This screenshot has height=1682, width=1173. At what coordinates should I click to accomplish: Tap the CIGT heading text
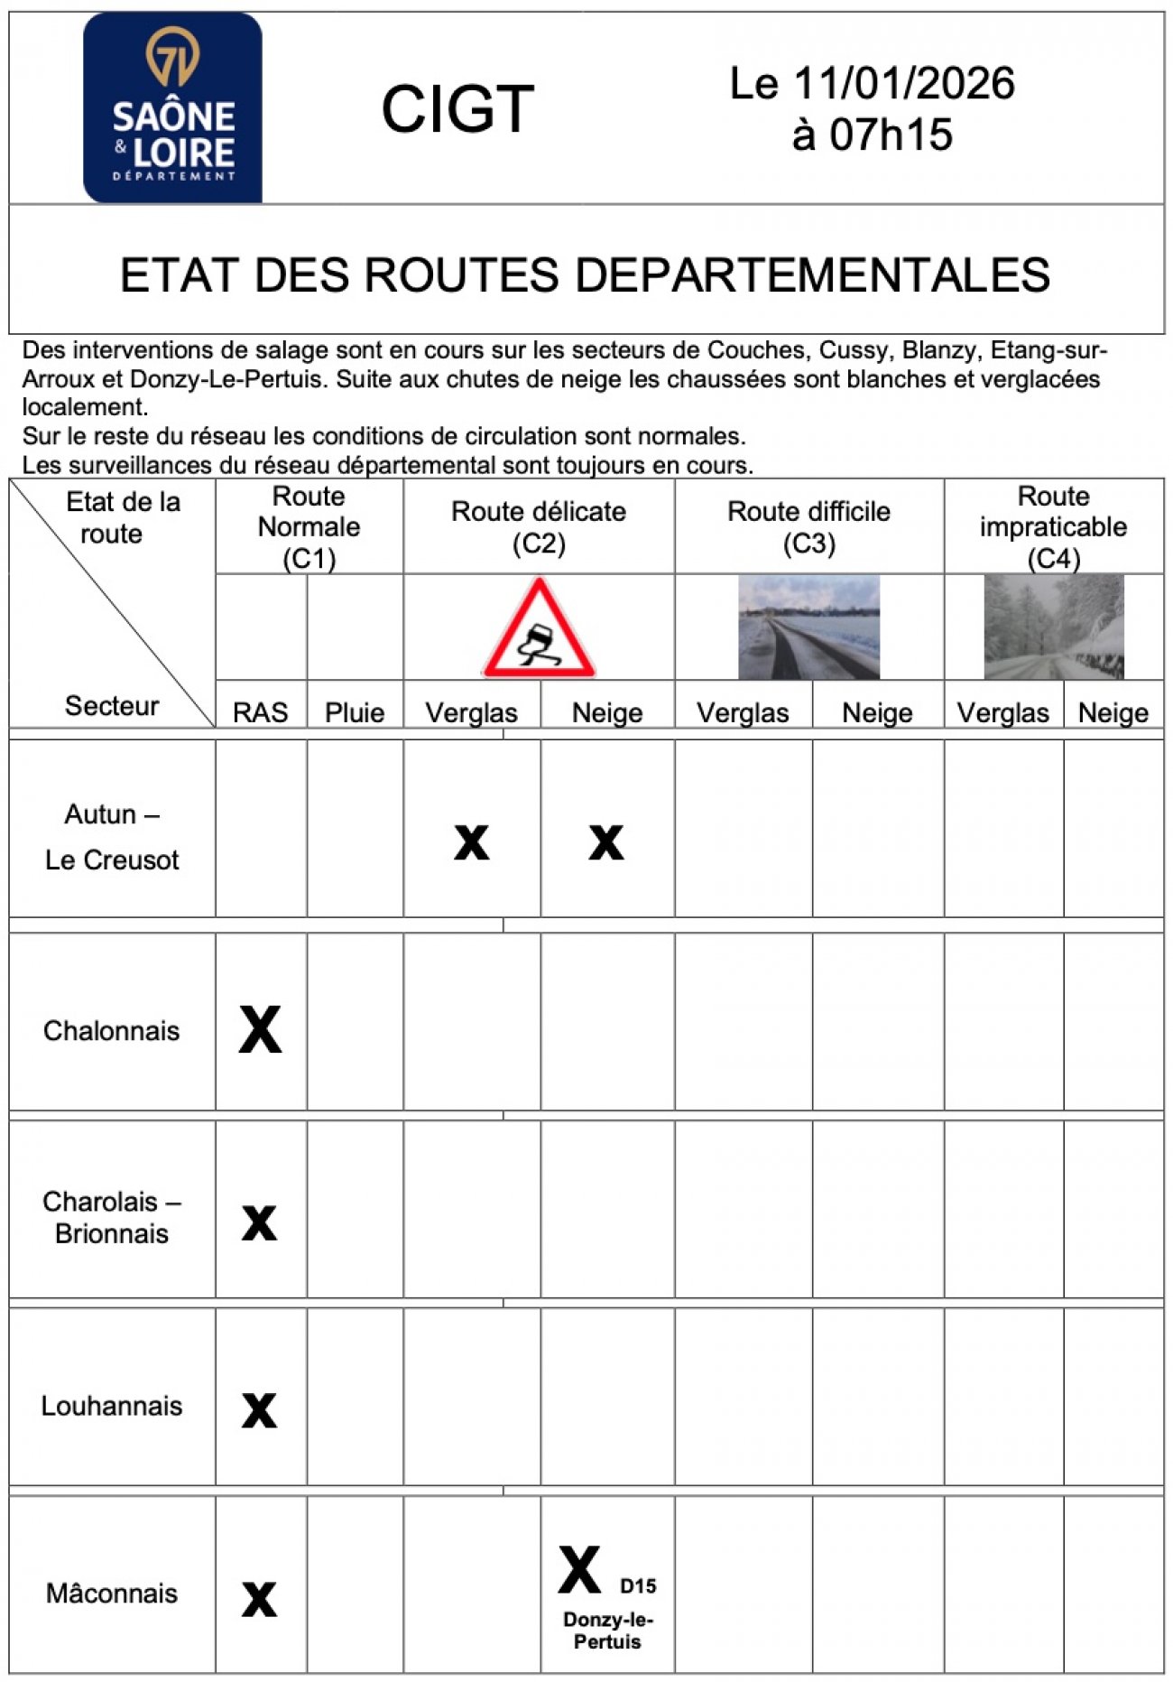coord(457,109)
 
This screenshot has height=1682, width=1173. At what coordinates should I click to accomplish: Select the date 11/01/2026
coord(903,84)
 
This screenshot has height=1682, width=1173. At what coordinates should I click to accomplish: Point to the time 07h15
coord(891,135)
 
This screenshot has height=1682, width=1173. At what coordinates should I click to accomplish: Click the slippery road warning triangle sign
coord(539,628)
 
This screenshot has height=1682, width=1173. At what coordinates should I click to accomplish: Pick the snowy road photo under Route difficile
coord(808,627)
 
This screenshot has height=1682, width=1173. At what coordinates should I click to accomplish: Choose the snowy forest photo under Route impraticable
coord(1053,627)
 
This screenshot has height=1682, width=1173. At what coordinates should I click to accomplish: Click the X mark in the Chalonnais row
coord(260,1029)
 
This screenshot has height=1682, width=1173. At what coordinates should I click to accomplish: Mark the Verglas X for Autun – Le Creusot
coord(471,842)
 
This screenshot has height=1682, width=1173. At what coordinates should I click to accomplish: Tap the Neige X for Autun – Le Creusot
coord(606,842)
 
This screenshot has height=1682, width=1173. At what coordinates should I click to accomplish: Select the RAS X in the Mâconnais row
coord(259,1599)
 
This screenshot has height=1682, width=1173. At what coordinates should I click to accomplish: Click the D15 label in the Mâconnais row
coord(638,1586)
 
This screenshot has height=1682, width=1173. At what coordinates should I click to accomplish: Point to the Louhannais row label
coord(112,1406)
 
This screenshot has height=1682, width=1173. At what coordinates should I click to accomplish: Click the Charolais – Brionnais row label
coord(112,1217)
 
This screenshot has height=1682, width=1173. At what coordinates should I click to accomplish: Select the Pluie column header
coord(355,712)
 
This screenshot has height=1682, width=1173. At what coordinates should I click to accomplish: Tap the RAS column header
coord(260,712)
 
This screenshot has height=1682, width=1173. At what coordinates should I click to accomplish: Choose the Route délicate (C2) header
coord(539,527)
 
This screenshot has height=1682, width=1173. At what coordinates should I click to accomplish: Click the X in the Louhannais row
coord(259,1410)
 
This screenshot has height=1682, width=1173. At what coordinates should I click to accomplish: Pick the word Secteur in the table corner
coord(112,705)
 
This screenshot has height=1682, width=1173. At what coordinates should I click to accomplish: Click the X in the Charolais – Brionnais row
coord(259,1223)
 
